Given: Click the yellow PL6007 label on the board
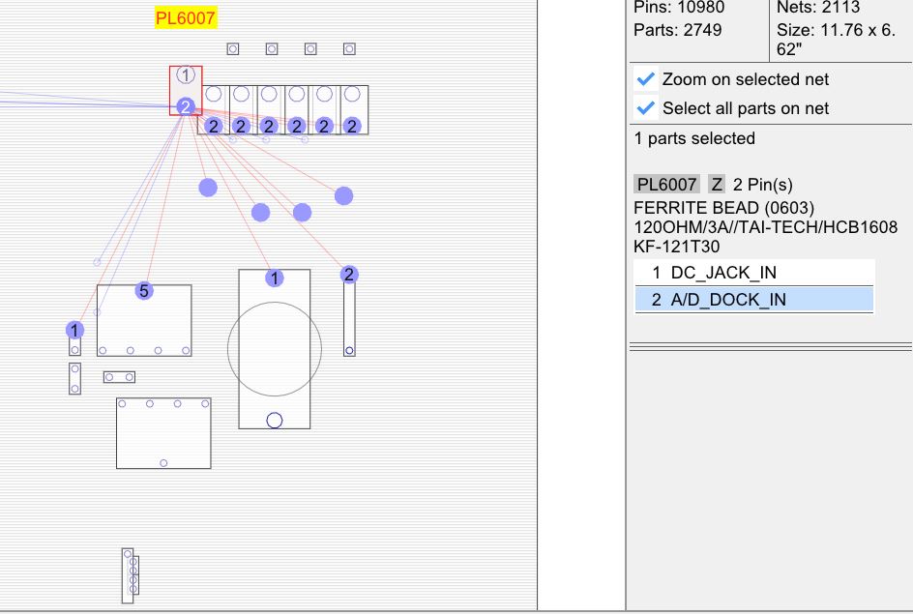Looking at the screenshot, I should pos(186,18).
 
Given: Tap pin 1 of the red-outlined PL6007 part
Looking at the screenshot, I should pos(186,74).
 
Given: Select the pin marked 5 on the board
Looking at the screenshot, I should pos(143,290).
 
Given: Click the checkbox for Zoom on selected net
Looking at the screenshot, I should pos(647,79).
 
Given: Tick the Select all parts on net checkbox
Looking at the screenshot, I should pos(647,108).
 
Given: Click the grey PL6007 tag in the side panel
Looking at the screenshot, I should pos(666,184).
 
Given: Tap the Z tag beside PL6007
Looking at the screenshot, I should pos(717,184).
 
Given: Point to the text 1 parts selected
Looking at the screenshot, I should pos(694,138).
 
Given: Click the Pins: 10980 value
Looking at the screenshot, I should pos(679,8).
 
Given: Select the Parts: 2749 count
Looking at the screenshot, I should pos(677,30).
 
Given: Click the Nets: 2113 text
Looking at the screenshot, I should pos(818,8).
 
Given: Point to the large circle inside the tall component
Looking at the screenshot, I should pos(275,349).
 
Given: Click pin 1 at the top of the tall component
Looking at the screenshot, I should pos(275,278).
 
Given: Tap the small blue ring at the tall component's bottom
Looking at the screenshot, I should pos(274,420).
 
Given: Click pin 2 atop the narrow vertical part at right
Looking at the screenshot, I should pos(349,275).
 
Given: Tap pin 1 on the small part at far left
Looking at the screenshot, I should pos(74,330).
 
